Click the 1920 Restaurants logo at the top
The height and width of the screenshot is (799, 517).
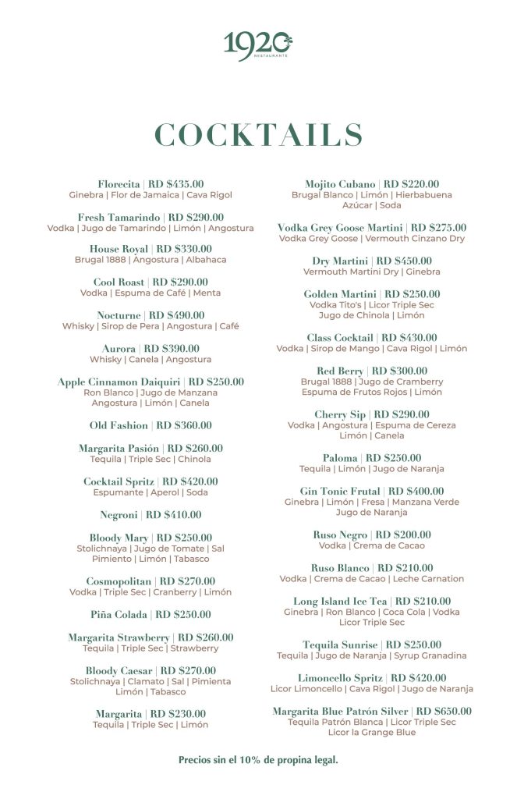[258, 45]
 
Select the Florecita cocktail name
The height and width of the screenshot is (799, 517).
[119, 184]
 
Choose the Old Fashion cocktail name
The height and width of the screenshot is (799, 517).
[119, 425]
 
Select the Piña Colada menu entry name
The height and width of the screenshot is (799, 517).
[120, 615]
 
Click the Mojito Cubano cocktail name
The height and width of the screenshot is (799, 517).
[340, 184]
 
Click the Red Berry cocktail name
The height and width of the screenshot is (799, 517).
[339, 371]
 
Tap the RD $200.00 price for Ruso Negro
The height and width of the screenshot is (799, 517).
[403, 535]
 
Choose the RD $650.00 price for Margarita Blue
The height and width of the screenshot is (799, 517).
[444, 712]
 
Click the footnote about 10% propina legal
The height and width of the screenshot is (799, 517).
[258, 759]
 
